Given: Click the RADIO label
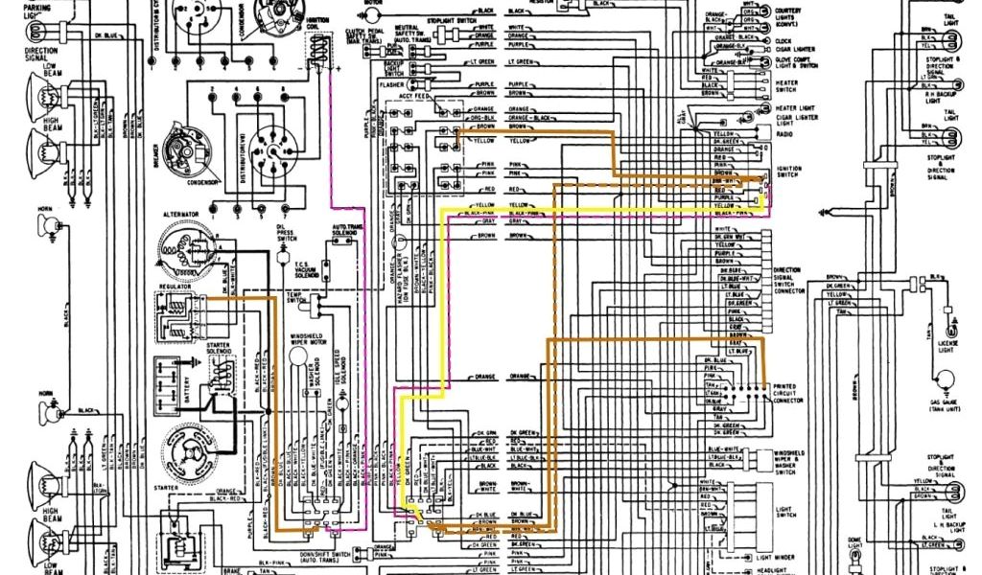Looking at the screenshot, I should (783, 135).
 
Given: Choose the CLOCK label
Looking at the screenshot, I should (783, 41).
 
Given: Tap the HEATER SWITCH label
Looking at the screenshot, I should (786, 85).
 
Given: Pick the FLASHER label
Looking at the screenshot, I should (389, 85).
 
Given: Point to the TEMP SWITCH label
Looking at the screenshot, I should (295, 297).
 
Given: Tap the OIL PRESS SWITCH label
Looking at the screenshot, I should (285, 234).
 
